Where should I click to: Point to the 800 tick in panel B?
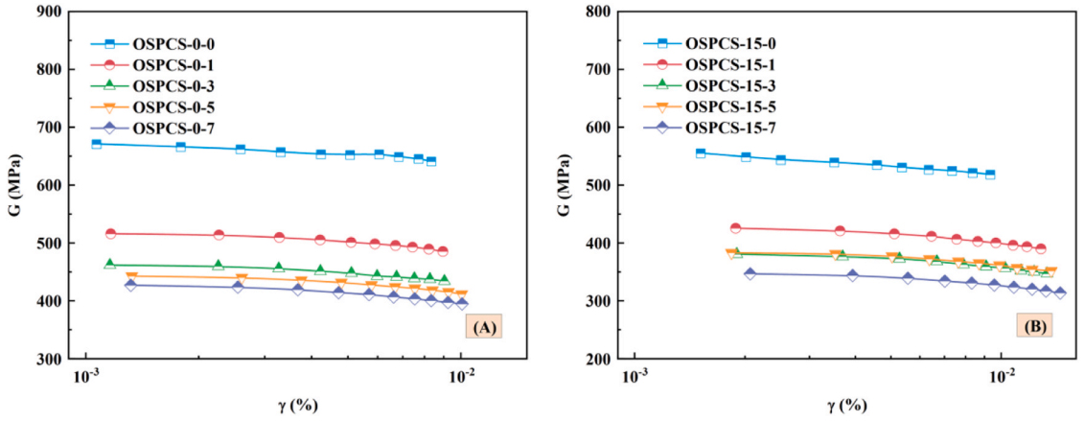pos(599,12)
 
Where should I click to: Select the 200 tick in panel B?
pos(599,359)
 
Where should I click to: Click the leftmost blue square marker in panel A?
pos(96,144)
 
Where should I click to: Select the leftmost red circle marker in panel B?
pos(735,228)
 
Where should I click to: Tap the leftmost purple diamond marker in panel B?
pos(750,274)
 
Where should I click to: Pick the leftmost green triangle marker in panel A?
pos(110,264)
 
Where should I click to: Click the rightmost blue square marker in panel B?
pos(990,175)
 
